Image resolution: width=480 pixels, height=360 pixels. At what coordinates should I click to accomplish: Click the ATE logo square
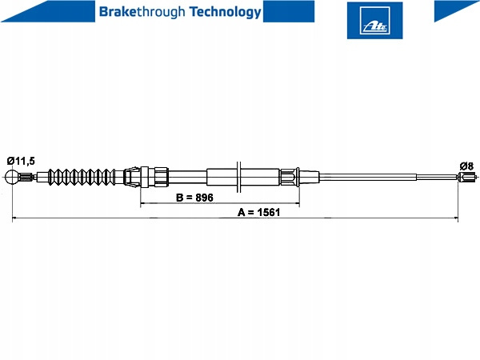point(374,20)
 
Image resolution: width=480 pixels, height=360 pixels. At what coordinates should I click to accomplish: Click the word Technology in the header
point(226,12)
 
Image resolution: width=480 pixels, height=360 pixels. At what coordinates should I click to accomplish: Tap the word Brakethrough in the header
point(142,12)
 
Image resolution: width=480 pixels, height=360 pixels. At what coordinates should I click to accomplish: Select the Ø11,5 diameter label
point(21,161)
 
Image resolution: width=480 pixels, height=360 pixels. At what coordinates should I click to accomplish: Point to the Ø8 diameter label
point(466,166)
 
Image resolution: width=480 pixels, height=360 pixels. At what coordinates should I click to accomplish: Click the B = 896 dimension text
point(194,198)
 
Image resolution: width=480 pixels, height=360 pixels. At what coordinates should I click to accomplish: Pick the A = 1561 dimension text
point(258,212)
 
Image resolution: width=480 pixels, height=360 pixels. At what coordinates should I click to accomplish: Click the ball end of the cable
point(12,177)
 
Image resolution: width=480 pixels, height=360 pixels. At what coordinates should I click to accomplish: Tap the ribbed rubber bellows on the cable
point(82,177)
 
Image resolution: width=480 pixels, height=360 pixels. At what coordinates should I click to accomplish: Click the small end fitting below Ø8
point(467,177)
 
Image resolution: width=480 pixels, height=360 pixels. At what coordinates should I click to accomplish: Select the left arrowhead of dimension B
point(142,202)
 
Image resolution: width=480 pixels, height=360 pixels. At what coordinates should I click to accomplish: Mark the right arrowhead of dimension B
point(297,202)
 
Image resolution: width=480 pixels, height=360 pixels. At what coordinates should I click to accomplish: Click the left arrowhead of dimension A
point(14,218)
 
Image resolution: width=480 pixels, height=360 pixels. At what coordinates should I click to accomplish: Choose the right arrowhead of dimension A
point(456,218)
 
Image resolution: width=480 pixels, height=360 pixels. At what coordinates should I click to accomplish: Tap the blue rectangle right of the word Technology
point(289,11)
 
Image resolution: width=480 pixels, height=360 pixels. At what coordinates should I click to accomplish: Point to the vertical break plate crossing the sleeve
point(239,178)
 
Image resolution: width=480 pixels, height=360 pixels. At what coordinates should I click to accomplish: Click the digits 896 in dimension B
point(204,198)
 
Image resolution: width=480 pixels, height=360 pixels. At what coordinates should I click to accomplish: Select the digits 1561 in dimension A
point(269,212)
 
